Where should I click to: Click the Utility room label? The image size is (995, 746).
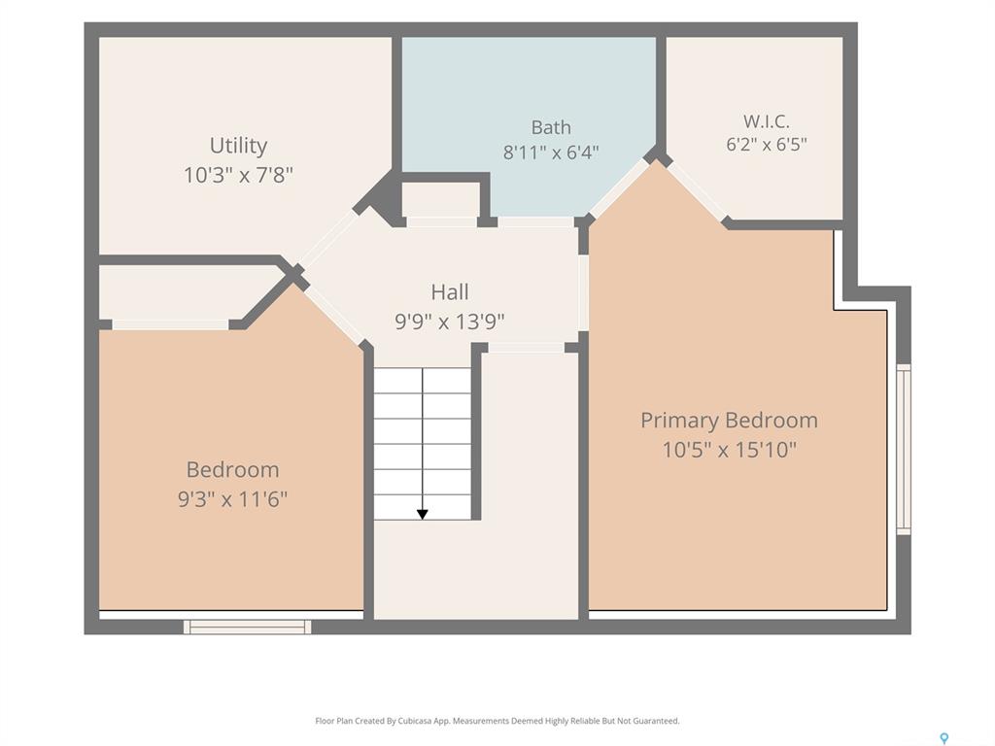click(239, 146)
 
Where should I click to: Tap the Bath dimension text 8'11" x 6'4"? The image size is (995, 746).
click(551, 153)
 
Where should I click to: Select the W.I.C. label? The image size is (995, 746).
click(766, 120)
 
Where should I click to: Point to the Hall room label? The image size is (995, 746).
click(450, 291)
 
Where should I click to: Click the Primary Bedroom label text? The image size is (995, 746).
click(729, 420)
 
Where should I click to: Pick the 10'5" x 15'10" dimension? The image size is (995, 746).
click(729, 450)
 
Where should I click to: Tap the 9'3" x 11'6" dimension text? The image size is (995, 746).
click(232, 499)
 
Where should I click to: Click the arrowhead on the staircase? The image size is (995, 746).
click(422, 515)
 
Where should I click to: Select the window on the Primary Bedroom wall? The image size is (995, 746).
click(904, 449)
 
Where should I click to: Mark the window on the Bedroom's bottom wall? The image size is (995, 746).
click(248, 627)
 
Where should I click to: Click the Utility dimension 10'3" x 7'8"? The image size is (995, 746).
click(239, 175)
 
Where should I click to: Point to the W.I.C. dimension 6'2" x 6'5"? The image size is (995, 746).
click(767, 144)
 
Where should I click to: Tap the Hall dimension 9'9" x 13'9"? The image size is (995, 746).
click(450, 322)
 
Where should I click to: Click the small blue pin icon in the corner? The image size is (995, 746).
click(944, 738)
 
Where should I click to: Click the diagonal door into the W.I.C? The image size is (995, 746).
click(696, 191)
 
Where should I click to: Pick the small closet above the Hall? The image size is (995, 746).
click(441, 200)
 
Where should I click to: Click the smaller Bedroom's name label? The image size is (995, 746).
click(232, 469)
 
